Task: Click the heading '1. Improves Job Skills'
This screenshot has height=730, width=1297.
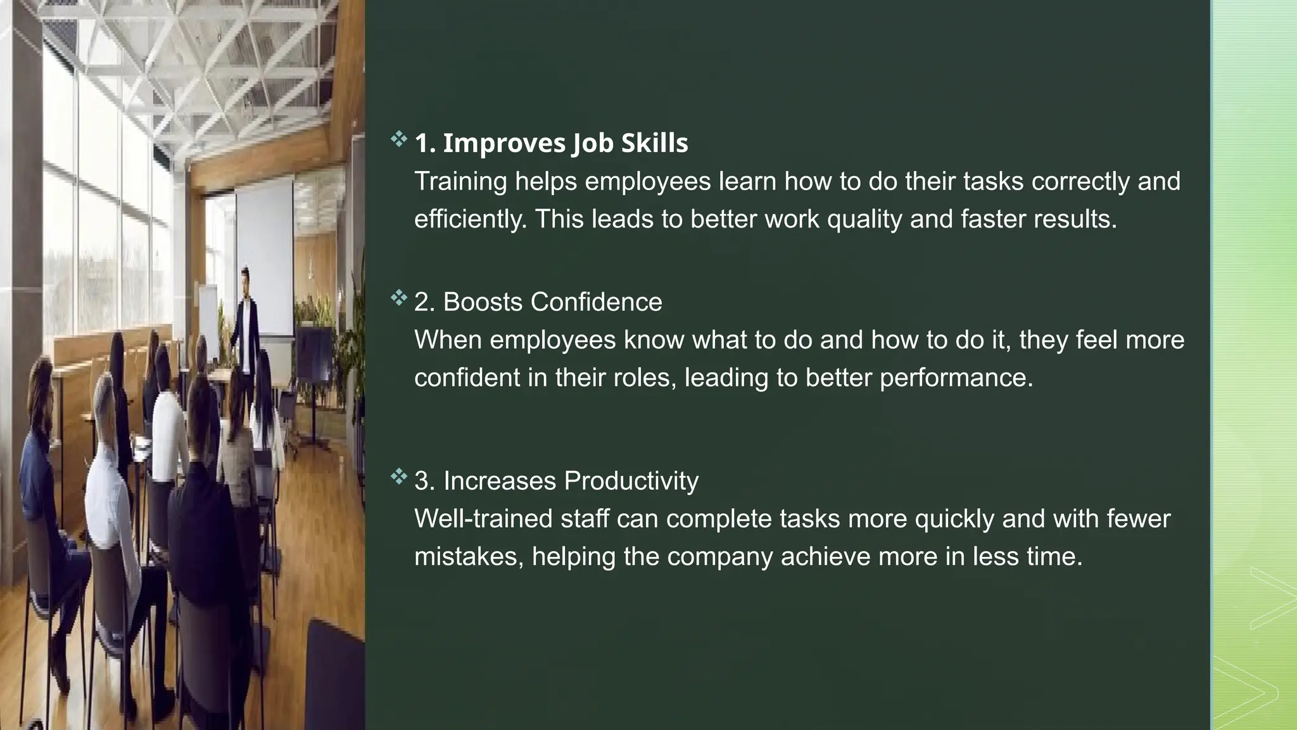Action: [x=551, y=143]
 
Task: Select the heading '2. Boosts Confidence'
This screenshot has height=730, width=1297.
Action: [x=538, y=302]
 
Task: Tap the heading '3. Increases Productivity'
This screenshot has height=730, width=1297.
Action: [x=556, y=481]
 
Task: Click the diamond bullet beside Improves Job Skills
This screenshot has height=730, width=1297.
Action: [x=398, y=139]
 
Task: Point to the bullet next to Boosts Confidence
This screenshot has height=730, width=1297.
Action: [x=398, y=297]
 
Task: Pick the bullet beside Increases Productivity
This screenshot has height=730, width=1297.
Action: [x=398, y=476]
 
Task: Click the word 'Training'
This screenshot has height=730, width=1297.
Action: [x=460, y=182]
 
